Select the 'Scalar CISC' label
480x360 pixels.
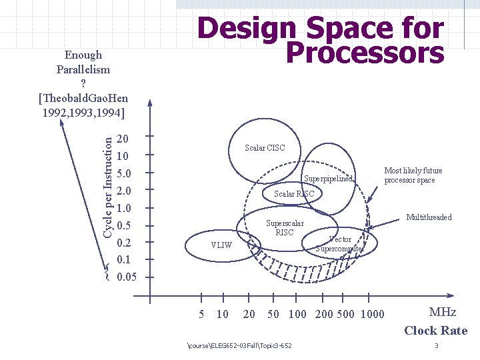pos(265,147)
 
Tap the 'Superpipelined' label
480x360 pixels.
pos(327,179)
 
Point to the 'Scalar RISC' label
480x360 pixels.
pos(293,194)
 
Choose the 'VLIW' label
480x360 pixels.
pos(221,245)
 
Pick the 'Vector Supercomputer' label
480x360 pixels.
pos(340,244)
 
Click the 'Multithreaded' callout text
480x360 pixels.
pos(429,217)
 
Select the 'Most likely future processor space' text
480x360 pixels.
pos(413,175)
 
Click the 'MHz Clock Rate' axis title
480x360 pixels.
pos(435,321)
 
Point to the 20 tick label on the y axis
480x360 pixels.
pos(123,139)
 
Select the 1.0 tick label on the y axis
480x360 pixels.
pos(123,209)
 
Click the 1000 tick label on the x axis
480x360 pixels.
pos(372,315)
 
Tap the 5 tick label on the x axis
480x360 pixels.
pos(202,315)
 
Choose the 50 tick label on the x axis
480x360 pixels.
pos(273,315)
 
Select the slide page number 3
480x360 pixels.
pos(436,345)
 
